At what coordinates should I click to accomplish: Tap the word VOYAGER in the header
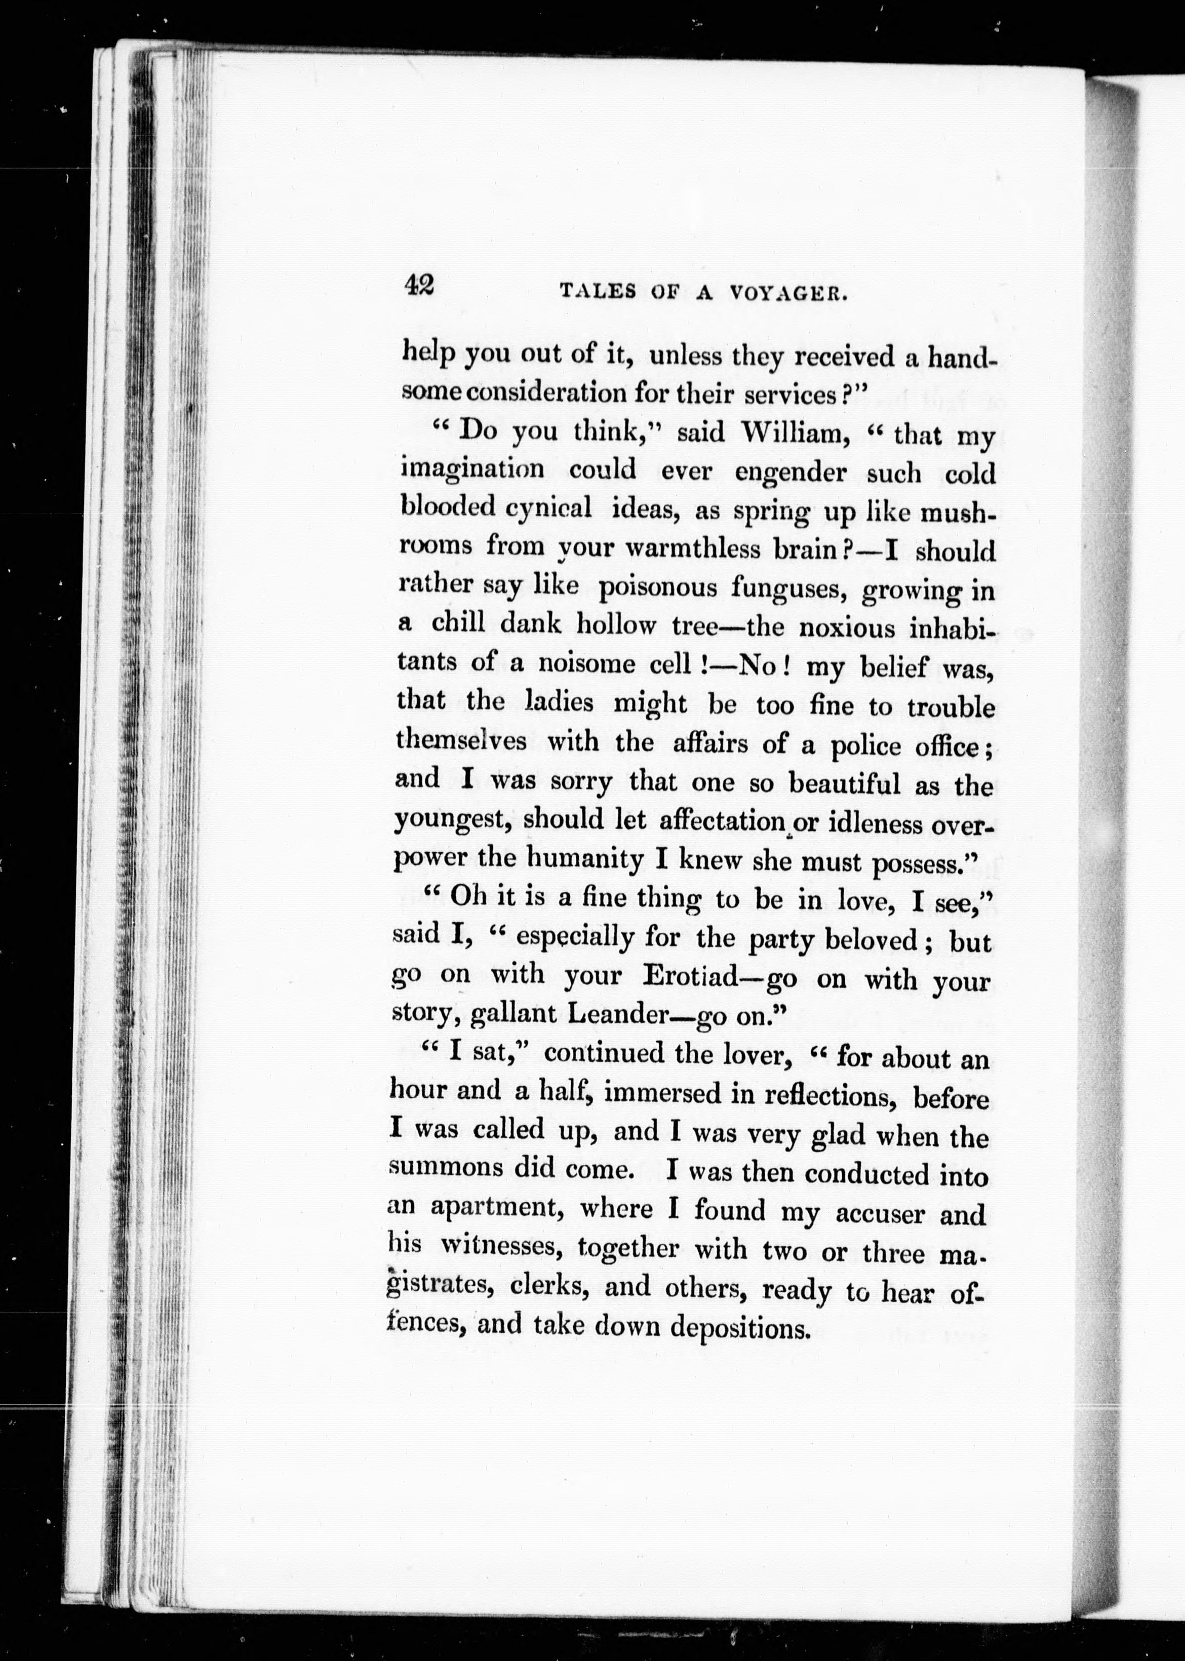pos(787,293)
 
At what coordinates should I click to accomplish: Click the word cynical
pos(549,508)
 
